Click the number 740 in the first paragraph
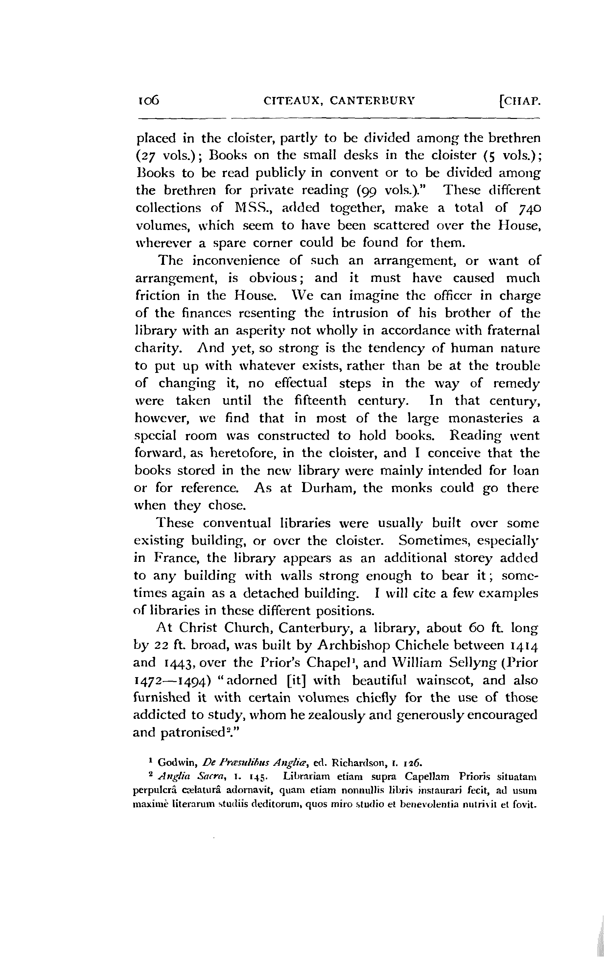click(529, 208)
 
